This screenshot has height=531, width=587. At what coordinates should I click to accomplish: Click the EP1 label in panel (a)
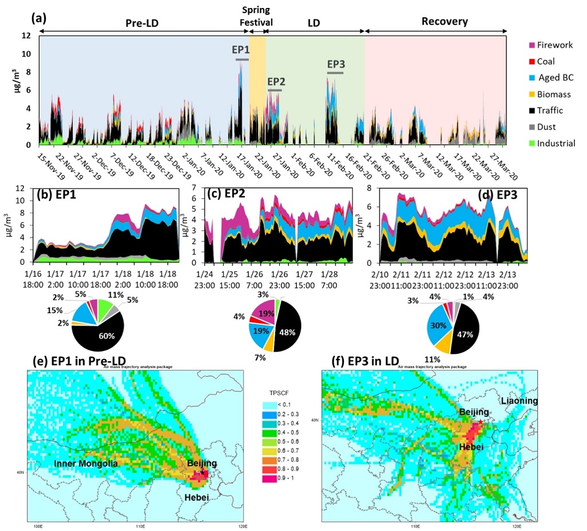241,50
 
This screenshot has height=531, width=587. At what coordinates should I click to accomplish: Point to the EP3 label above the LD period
336,64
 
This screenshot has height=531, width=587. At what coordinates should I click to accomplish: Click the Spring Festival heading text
256,17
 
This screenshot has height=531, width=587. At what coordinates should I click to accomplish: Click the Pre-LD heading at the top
142,22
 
